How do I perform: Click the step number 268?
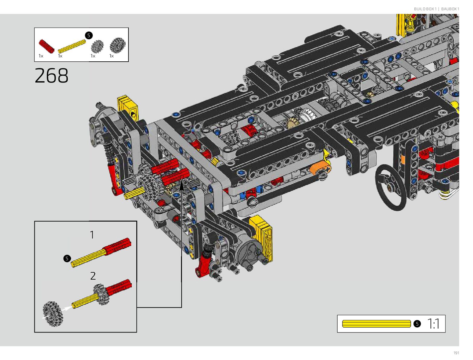click(51, 76)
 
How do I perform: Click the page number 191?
click(456, 353)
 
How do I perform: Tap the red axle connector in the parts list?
click(46, 46)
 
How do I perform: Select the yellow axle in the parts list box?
click(72, 46)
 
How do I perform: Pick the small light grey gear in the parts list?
click(97, 47)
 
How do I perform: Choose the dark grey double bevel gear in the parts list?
click(117, 45)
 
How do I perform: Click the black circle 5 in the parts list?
click(89, 35)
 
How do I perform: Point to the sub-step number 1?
click(92, 235)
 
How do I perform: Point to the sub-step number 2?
click(93, 276)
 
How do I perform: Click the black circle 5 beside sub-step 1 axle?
click(67, 258)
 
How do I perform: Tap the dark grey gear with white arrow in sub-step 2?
click(53, 314)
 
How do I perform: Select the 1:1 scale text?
click(433, 324)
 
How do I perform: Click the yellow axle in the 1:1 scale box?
click(376, 324)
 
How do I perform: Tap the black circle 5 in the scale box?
click(417, 324)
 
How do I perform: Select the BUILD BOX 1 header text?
click(425, 9)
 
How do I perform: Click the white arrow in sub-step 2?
click(67, 309)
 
